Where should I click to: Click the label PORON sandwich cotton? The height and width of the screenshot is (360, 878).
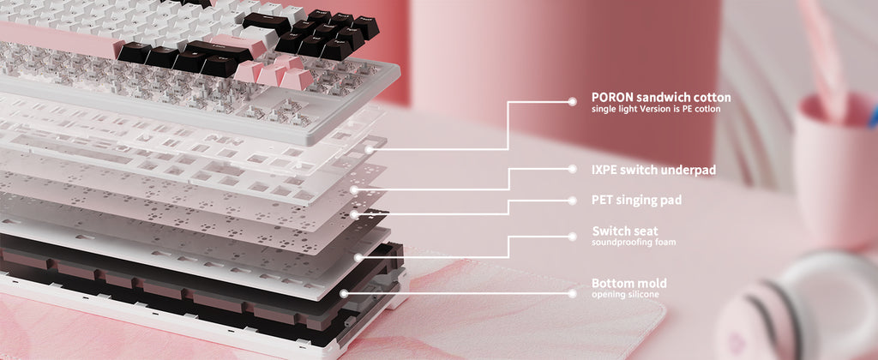click(661, 98)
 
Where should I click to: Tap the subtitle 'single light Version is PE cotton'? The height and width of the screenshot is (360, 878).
click(656, 109)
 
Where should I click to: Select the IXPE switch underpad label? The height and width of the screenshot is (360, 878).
click(653, 170)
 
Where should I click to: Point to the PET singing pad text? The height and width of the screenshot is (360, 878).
click(637, 200)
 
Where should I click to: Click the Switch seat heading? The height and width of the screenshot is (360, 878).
click(625, 231)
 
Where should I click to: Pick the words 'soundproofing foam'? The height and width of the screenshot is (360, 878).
click(634, 243)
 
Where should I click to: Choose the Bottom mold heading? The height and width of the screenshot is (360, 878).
click(628, 283)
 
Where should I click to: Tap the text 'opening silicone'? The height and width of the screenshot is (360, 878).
click(625, 295)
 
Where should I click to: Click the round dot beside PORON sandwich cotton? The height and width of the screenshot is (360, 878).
click(572, 101)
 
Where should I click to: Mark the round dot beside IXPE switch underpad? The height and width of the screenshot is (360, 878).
click(572, 169)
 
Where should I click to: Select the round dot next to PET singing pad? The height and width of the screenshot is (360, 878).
click(572, 201)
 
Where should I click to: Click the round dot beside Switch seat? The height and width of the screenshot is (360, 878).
click(572, 237)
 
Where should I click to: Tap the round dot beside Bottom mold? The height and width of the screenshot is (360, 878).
click(572, 293)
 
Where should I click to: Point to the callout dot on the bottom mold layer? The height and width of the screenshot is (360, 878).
click(344, 293)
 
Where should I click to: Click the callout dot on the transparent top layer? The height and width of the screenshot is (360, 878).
click(369, 149)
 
